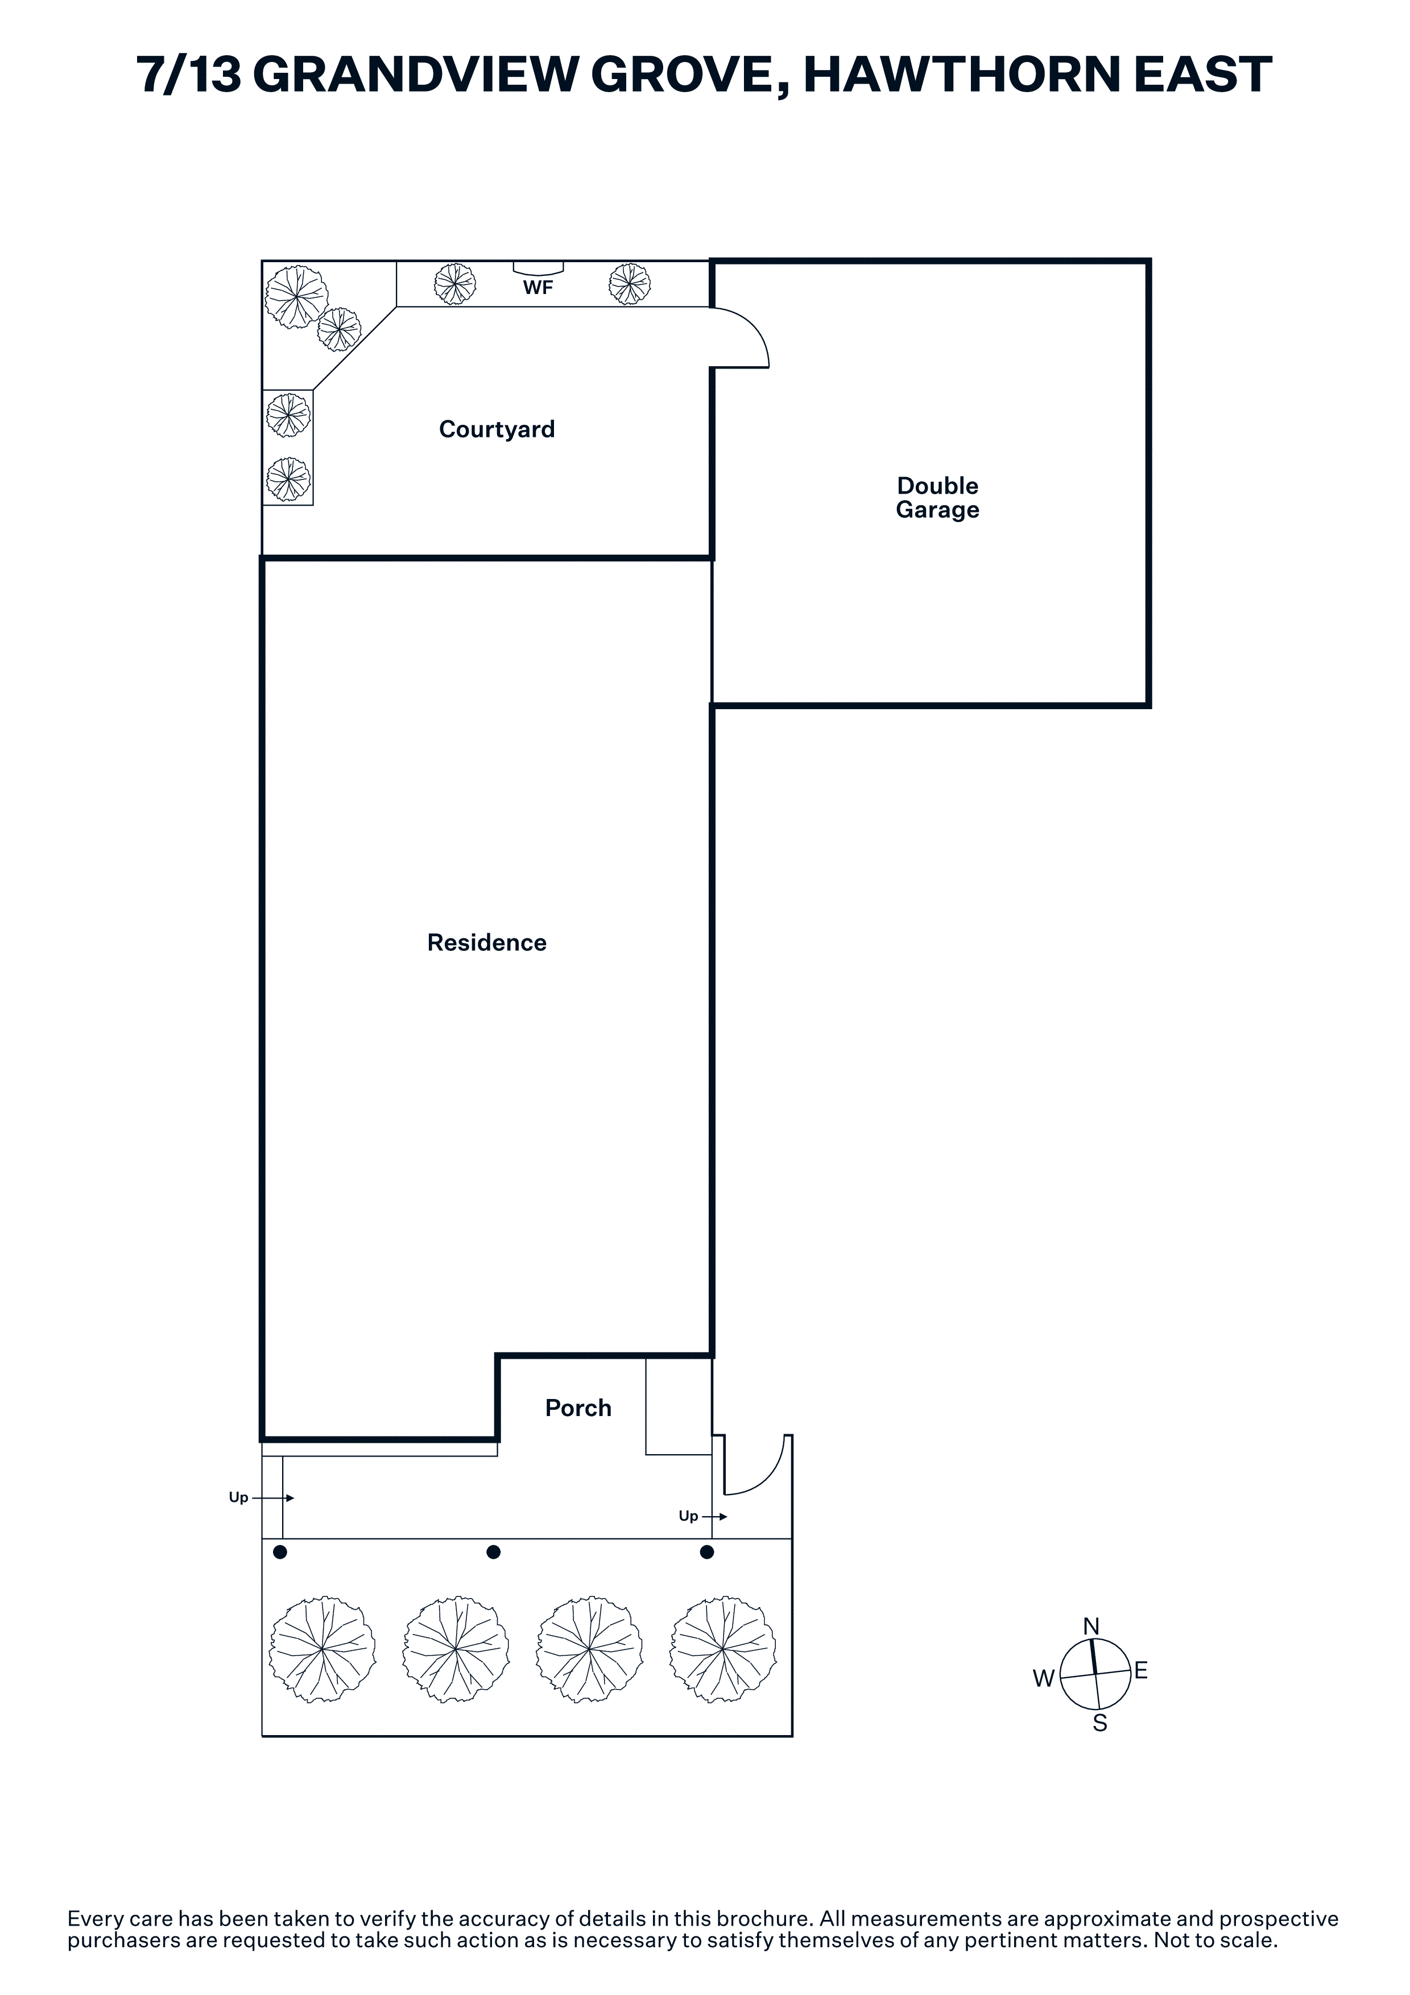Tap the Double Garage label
[937, 497]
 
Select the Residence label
[486, 943]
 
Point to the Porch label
[578, 1408]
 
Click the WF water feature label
[537, 288]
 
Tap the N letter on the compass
[1091, 1626]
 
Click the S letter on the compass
[1100, 1723]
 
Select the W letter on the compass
[1043, 1679]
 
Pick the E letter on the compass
[1141, 1670]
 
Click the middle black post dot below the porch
[494, 1552]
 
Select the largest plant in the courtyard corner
[296, 296]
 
